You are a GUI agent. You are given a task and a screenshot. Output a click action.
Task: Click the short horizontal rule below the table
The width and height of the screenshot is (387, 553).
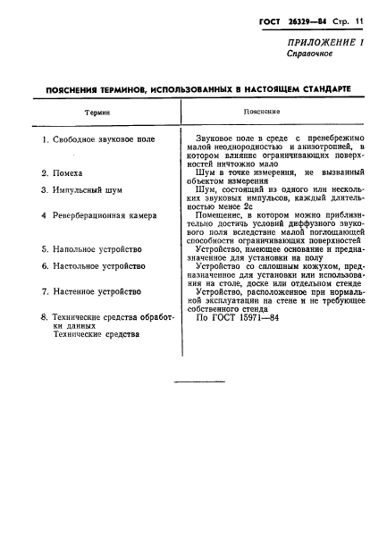(198, 382)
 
